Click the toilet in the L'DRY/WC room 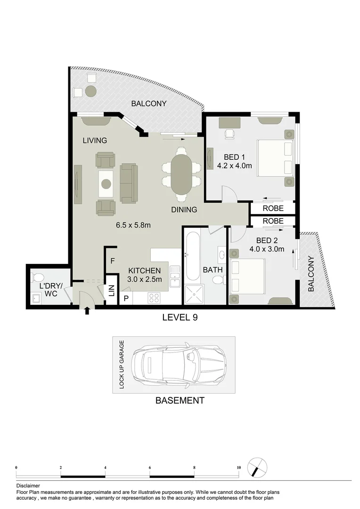point(38,277)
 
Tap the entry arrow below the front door point(87,311)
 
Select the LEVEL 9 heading point(180,318)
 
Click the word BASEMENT point(180,401)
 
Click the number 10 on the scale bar point(239,467)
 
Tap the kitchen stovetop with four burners point(155,297)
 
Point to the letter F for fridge point(112,260)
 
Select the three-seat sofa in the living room point(129,183)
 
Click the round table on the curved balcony point(91,90)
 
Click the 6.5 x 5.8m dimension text point(133,225)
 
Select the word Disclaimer point(28,485)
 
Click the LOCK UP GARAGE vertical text point(122,365)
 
